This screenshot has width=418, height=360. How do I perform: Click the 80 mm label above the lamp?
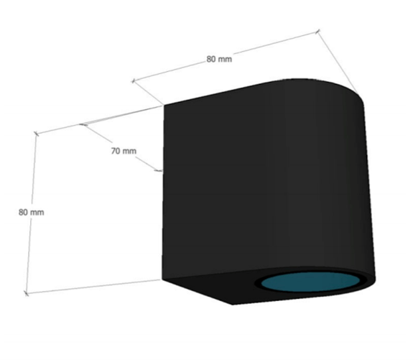tap(219, 59)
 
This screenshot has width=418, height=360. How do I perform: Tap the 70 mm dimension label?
tap(124, 151)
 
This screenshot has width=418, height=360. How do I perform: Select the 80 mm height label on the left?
tap(31, 212)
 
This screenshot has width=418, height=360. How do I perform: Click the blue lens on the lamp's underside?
tap(310, 282)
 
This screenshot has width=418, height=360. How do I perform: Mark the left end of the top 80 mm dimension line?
tap(134, 80)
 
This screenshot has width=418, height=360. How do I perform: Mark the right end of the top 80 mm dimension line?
tap(317, 32)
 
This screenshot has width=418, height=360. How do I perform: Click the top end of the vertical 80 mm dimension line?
tap(36, 133)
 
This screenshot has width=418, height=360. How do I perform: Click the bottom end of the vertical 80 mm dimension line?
tap(26, 294)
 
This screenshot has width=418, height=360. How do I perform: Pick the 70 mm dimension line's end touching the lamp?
tap(160, 171)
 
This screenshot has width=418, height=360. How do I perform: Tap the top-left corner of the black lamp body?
tap(164, 105)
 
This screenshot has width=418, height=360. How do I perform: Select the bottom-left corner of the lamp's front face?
tap(162, 280)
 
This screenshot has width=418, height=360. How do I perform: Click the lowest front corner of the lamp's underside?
tap(233, 304)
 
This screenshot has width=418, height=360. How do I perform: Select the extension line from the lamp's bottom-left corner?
tap(94, 287)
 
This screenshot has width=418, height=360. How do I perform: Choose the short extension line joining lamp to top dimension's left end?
tap(148, 93)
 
